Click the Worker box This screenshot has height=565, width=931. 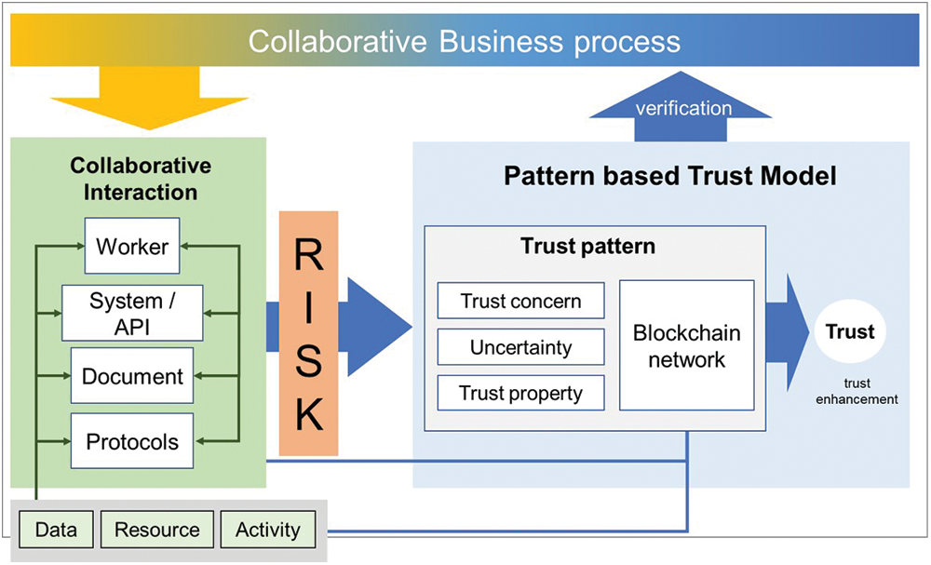pos(132,247)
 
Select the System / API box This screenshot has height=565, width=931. pos(132,313)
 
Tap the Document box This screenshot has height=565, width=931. pos(132,377)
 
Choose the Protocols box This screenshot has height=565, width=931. pos(132,441)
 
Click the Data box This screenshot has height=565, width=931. pos(56,530)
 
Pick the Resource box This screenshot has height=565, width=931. pos(156,530)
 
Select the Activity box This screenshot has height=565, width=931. pos(268,530)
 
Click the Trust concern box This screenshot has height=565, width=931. pos(520,301)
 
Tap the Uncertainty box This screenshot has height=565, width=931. pos(520,347)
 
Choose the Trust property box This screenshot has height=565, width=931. pos(520,393)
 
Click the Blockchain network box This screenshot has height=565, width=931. pos(686,346)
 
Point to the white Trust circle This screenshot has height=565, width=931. pos(849,332)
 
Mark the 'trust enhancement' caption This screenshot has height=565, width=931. pos(856,391)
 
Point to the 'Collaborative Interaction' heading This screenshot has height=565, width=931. pos(141,180)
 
